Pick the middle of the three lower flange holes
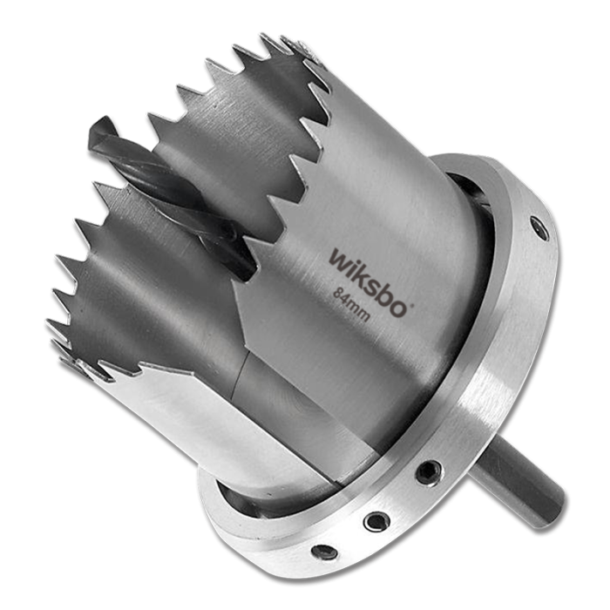[x=376, y=520]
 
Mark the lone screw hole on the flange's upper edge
[x=541, y=228]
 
